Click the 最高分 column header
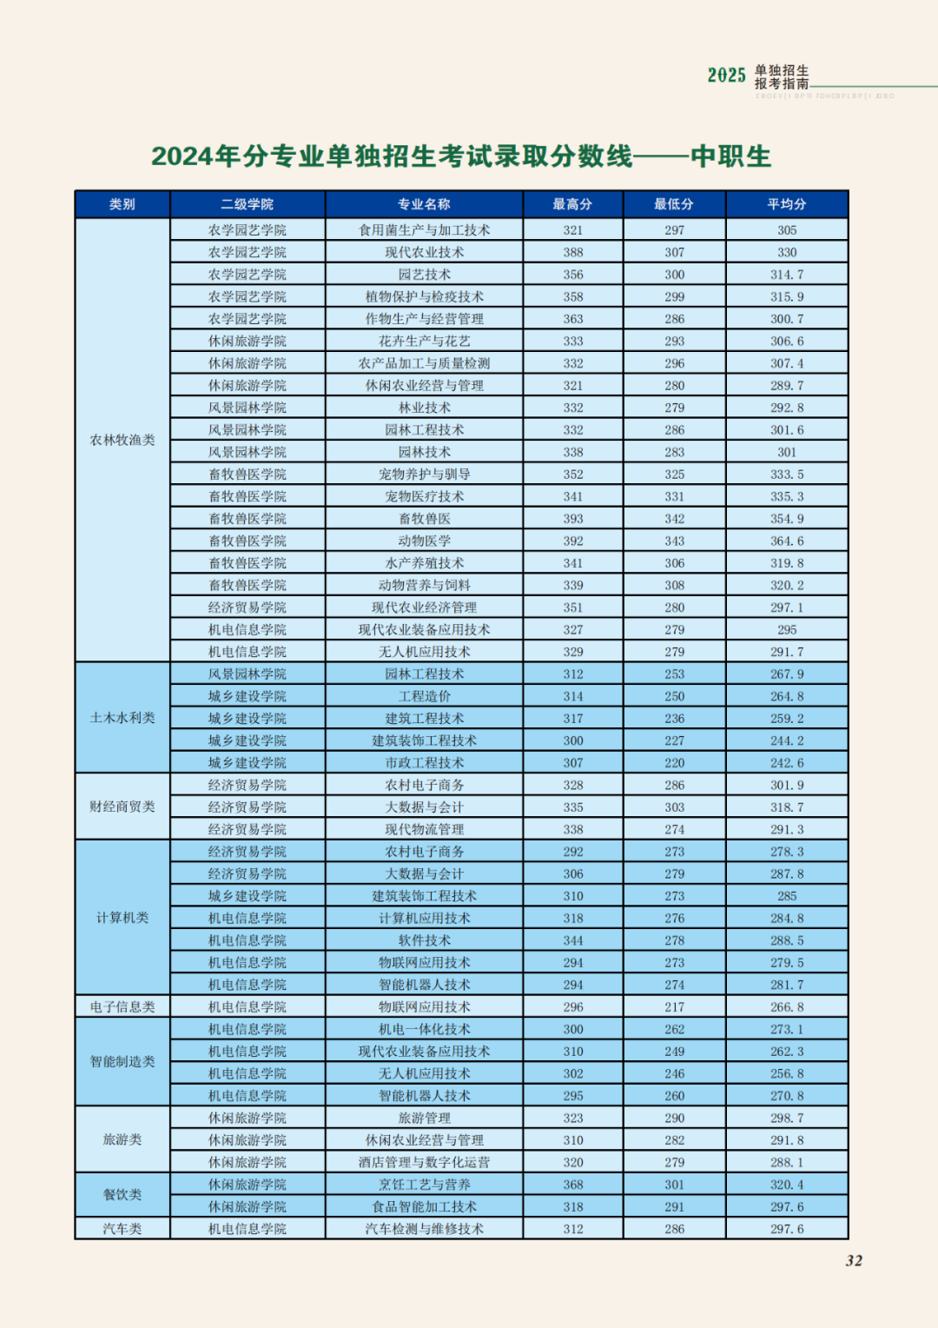click(572, 204)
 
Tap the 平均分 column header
click(786, 204)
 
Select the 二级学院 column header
click(248, 204)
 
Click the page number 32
click(854, 1261)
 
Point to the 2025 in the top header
click(726, 76)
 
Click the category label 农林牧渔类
click(122, 440)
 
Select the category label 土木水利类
click(122, 718)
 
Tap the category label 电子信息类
click(122, 1006)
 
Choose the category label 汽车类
click(122, 1229)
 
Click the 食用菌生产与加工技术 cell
click(424, 230)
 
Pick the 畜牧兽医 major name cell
click(424, 519)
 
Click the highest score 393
click(572, 519)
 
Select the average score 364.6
click(786, 541)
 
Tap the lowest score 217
click(674, 1006)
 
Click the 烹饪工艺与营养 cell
click(424, 1185)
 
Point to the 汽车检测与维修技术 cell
click(424, 1229)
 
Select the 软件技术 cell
click(424, 940)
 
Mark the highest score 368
click(572, 1185)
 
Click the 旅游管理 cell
click(424, 1118)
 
